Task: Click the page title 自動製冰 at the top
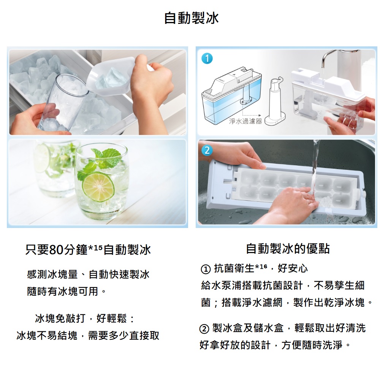[192, 18]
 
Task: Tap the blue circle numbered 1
[207, 59]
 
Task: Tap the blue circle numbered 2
[207, 150]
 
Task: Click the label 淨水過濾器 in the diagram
[245, 121]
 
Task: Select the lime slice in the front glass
[98, 187]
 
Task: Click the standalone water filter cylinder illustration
[275, 101]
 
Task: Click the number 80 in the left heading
[56, 250]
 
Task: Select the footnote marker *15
[95, 248]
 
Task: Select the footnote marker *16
[261, 267]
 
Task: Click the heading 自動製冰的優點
[288, 249]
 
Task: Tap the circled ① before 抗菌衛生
[206, 269]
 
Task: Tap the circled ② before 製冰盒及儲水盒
[204, 329]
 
